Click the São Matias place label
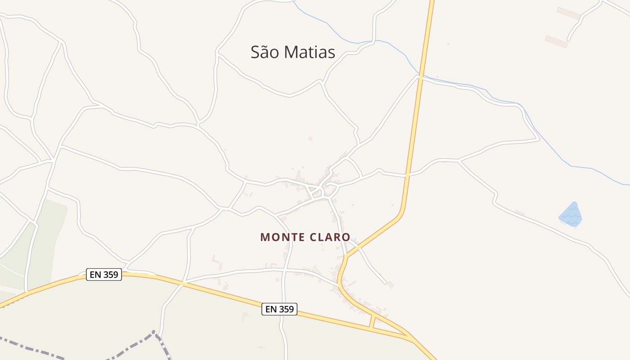293,52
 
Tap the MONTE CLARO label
305,237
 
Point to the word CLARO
329,237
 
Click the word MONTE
281,237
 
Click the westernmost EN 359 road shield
104,274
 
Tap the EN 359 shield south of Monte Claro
279,309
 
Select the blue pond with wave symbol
571,215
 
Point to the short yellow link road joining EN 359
372,322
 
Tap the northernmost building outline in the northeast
568,13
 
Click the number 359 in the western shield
111,274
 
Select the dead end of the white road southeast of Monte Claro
386,283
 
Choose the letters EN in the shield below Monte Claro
271,309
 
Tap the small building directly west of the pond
520,212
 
